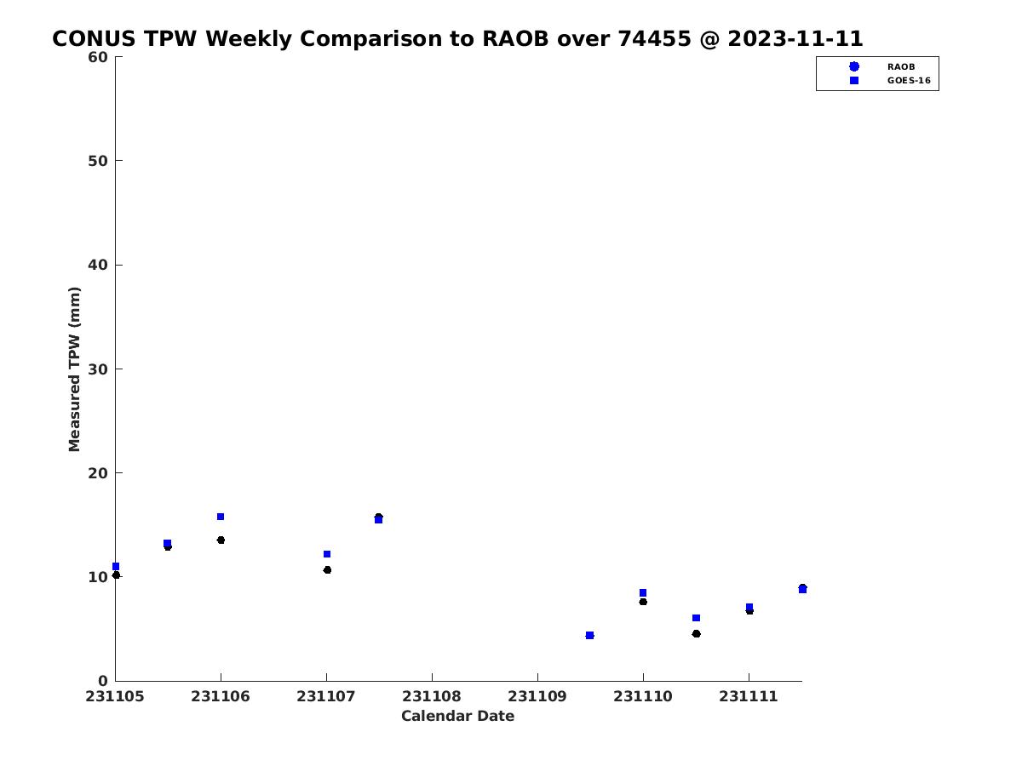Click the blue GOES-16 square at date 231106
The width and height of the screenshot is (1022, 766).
tap(221, 517)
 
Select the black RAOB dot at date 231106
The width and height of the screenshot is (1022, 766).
tap(221, 540)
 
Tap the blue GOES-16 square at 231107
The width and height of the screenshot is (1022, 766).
tap(327, 554)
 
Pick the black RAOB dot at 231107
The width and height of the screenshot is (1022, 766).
tap(327, 569)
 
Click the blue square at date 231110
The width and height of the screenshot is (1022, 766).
tap(643, 592)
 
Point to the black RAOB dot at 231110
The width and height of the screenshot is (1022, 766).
tap(643, 602)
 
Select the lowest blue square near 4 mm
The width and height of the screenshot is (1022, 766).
tap(589, 635)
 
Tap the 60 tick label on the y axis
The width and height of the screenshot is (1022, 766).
tap(98, 57)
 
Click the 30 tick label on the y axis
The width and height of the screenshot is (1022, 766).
tap(98, 369)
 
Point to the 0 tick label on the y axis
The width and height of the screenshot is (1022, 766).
tap(103, 681)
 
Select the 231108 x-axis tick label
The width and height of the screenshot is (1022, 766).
tap(432, 697)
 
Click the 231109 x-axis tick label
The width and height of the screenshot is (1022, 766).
tap(537, 697)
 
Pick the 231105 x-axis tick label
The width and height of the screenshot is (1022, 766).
tap(115, 697)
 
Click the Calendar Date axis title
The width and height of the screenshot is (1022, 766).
tap(457, 717)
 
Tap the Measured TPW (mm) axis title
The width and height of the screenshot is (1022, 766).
tap(75, 369)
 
